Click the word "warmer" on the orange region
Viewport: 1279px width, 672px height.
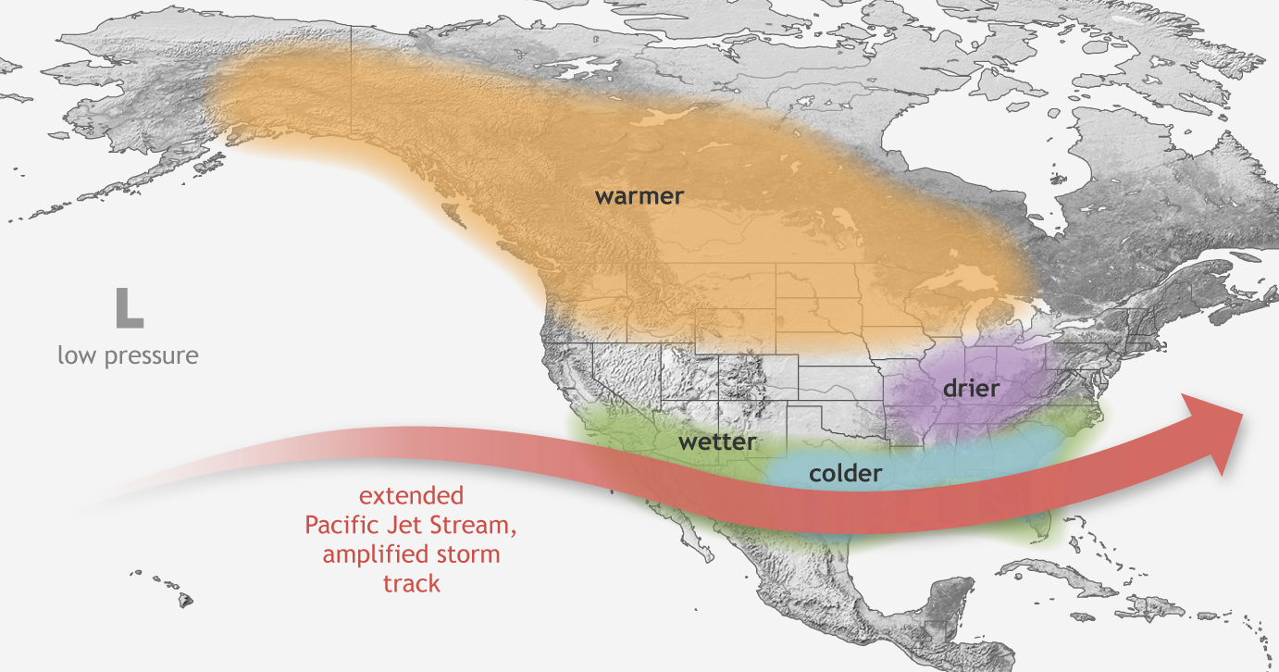pyautogui.click(x=639, y=196)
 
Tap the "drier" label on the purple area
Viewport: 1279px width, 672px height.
pyautogui.click(x=971, y=388)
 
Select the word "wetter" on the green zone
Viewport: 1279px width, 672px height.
pyautogui.click(x=716, y=442)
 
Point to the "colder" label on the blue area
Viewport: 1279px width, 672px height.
pyautogui.click(x=845, y=474)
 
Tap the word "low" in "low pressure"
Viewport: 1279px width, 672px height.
pyautogui.click(x=75, y=355)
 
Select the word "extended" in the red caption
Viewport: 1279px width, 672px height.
pyautogui.click(x=411, y=496)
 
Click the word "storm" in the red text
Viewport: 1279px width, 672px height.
pyautogui.click(x=470, y=554)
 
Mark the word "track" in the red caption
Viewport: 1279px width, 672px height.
pyautogui.click(x=411, y=584)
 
